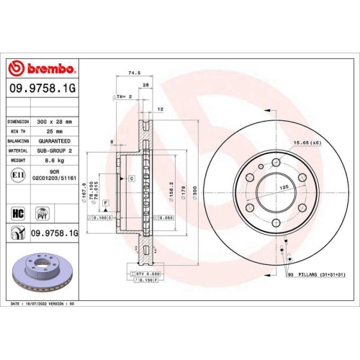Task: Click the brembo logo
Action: click(x=42, y=69)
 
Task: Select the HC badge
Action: click(x=19, y=214)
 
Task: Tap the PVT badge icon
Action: click(x=41, y=214)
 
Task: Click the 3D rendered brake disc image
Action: click(x=42, y=270)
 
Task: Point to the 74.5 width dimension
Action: click(x=132, y=73)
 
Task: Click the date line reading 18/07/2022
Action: click(x=43, y=305)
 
